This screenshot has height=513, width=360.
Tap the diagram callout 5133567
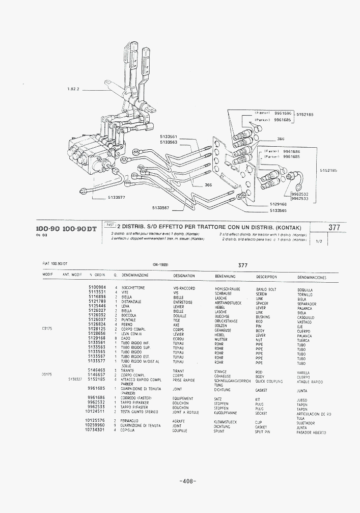pyautogui.click(x=160, y=207)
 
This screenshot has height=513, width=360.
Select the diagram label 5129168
pyautogui.click(x=278, y=204)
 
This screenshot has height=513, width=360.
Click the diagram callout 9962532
pyautogui.click(x=300, y=194)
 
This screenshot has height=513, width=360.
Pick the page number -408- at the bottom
pyautogui.click(x=188, y=481)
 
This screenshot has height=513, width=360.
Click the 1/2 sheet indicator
pyautogui.click(x=319, y=241)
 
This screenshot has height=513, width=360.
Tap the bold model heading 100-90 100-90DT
pyautogui.click(x=66, y=229)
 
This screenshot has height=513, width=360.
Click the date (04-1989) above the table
pyautogui.click(x=160, y=265)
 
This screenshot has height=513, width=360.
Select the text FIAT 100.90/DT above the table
pyautogui.click(x=55, y=263)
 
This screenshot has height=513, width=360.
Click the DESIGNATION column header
pyautogui.click(x=184, y=276)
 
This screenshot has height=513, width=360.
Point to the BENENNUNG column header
pyautogui.click(x=225, y=277)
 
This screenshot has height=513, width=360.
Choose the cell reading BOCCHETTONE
pyautogui.click(x=133, y=288)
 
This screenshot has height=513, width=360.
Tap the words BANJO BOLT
pyautogui.click(x=266, y=289)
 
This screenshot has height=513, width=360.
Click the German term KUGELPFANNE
pyautogui.click(x=227, y=413)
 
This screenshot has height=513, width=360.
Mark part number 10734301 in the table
pyautogui.click(x=95, y=430)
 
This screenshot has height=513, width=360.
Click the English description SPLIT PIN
pyautogui.click(x=263, y=431)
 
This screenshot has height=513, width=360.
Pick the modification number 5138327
pyautogui.click(x=76, y=380)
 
